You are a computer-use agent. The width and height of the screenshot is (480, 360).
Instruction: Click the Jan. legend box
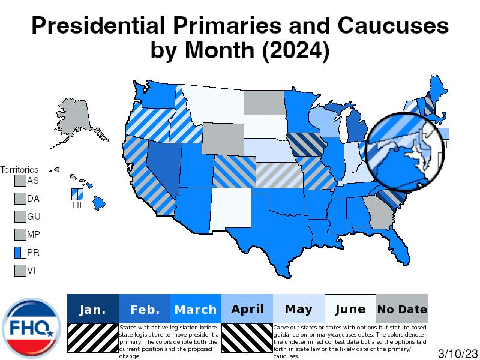pyautogui.click(x=93, y=310)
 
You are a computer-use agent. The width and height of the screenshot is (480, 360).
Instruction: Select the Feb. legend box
pyautogui.click(x=145, y=310)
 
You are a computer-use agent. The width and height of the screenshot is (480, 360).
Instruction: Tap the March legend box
pyautogui.click(x=196, y=310)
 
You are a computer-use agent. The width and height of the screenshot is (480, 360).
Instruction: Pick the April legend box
pyautogui.click(x=247, y=310)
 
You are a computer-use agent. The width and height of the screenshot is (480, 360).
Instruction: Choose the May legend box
pyautogui.click(x=299, y=310)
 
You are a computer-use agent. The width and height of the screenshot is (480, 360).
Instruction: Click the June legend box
pyautogui.click(x=350, y=310)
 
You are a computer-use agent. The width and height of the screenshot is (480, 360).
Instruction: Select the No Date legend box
pyautogui.click(x=402, y=310)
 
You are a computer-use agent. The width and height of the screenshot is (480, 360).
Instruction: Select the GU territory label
pyautogui.click(x=34, y=217)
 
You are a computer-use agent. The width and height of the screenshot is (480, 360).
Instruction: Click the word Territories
pyautogui.click(x=19, y=170)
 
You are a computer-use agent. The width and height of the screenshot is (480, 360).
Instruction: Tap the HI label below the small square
pyautogui.click(x=77, y=205)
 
